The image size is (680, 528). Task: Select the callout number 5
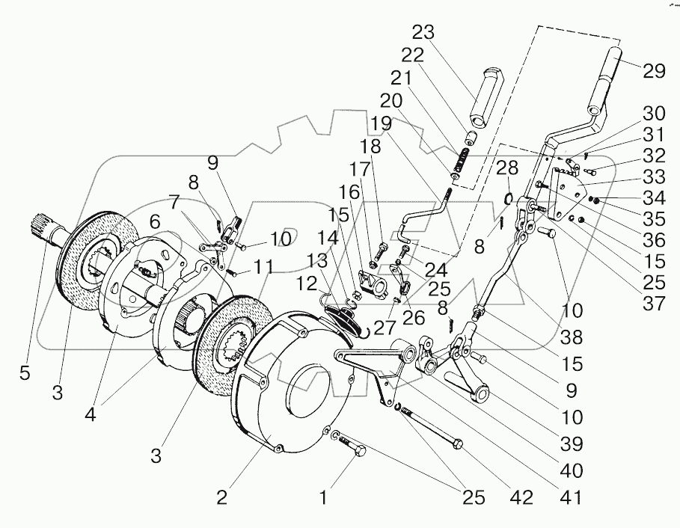tap(25, 372)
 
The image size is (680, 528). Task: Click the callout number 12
tap(307, 285)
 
